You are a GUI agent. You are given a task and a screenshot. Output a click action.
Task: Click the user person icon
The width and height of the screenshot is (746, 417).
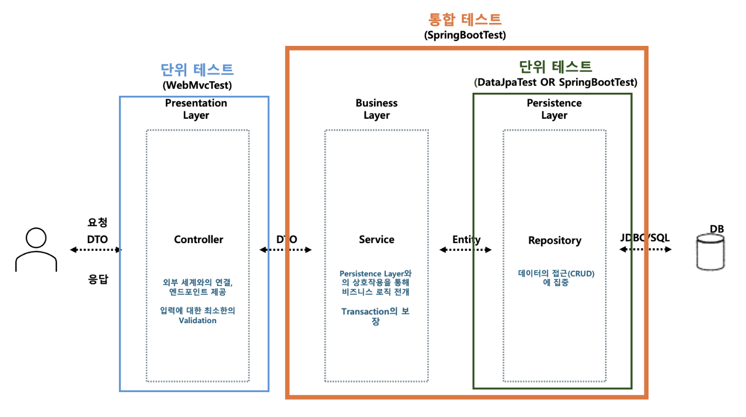[36, 249]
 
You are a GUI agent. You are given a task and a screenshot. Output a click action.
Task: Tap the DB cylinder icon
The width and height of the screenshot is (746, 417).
[710, 252]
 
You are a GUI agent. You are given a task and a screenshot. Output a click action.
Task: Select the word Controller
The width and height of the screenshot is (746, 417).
[198, 240]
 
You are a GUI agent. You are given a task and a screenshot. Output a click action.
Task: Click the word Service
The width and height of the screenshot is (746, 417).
[377, 240]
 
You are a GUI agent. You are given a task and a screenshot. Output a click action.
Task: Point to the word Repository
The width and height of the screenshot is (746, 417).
[555, 241]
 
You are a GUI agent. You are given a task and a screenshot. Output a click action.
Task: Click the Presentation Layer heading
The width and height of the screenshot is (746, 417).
[196, 109]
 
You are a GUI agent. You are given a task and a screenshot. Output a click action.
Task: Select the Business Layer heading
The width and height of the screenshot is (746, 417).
[377, 109]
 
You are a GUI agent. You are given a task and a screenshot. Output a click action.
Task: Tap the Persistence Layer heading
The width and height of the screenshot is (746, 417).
[554, 109]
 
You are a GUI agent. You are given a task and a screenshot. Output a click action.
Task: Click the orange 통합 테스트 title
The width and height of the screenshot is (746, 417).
[465, 19]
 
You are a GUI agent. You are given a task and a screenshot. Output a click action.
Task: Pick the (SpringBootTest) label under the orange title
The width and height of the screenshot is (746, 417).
[465, 35]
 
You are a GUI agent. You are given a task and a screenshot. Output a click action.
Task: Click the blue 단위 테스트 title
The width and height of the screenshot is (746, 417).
[197, 69]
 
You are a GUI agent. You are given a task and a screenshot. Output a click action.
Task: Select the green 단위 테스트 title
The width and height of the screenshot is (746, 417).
[555, 67]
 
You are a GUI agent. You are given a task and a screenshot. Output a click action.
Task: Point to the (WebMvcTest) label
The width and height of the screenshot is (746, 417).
[197, 85]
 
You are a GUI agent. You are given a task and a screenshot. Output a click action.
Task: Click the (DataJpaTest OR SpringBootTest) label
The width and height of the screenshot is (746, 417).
[556, 83]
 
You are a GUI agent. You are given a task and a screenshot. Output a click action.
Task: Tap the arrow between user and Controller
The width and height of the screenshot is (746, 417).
[95, 250]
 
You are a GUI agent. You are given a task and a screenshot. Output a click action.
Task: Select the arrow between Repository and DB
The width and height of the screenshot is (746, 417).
[645, 249]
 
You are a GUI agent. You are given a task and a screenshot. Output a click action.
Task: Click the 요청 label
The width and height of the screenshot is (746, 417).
[97, 222]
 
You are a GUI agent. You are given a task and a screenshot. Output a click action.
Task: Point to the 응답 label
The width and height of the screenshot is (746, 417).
[98, 279]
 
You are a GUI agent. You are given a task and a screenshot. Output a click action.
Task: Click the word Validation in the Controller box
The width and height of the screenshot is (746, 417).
[197, 321]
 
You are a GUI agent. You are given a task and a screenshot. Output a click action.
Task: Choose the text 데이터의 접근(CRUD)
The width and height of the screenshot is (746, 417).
[556, 274]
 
